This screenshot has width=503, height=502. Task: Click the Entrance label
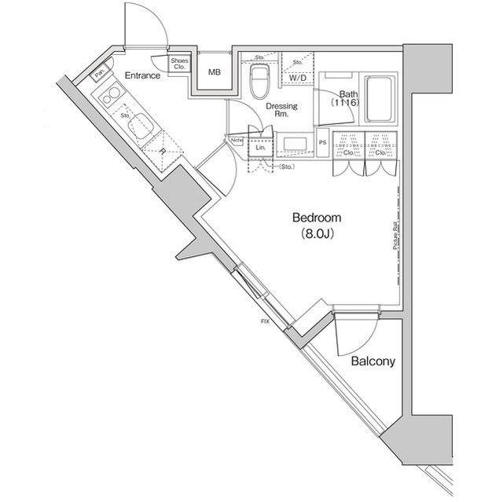[x=142, y=76]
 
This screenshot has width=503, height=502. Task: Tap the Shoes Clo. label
[x=180, y=64]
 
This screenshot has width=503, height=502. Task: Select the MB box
[x=214, y=73]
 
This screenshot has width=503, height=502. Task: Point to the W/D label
[x=297, y=79]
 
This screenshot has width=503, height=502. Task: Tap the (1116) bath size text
[x=343, y=101]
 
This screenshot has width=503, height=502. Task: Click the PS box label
[x=323, y=143]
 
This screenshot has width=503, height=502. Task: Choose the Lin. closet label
[x=260, y=148]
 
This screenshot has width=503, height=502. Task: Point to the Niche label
[x=237, y=141]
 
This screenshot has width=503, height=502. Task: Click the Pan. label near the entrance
[x=100, y=75]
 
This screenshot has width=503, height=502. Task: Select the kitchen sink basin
[x=141, y=126]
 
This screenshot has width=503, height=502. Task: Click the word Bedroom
[x=316, y=218]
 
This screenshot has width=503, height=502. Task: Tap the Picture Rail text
[x=393, y=235]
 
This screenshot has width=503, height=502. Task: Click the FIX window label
[x=266, y=321]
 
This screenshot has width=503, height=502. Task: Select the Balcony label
[x=373, y=362]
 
